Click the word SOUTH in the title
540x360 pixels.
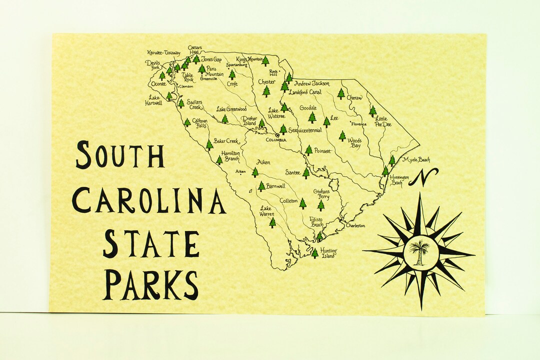click(x=120, y=155)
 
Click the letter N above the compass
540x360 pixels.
click(x=423, y=177)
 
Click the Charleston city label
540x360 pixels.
click(x=355, y=225)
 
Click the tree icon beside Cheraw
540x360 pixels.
click(x=341, y=93)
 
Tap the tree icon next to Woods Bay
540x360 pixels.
click(x=342, y=135)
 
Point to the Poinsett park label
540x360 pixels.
click(x=322, y=151)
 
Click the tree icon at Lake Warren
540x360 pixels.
click(x=272, y=222)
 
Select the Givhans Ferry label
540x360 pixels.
click(x=321, y=194)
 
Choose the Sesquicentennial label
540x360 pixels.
click(x=305, y=130)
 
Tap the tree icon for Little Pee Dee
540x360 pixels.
click(x=372, y=111)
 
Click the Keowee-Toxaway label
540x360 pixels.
click(x=164, y=52)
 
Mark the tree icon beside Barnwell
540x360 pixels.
click(x=261, y=186)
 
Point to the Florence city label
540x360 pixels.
click(x=358, y=124)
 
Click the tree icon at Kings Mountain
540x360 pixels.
click(x=265, y=61)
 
